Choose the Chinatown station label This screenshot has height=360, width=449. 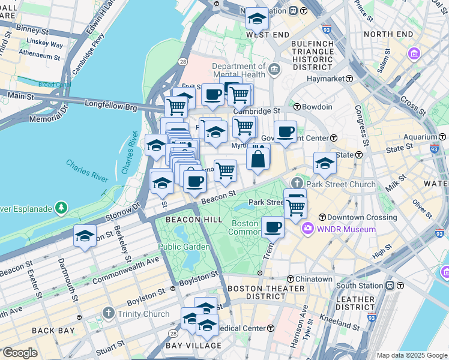pyautogui.click(x=314, y=279)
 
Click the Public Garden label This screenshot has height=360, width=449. pyautogui.click(x=184, y=247)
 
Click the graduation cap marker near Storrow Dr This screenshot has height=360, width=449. pyautogui.click(x=85, y=236)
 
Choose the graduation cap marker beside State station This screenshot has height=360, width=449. pyautogui.click(x=325, y=163)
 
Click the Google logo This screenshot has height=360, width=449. pyautogui.click(x=20, y=353)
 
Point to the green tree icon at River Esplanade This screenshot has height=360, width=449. pyautogui.click(x=61, y=208)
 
